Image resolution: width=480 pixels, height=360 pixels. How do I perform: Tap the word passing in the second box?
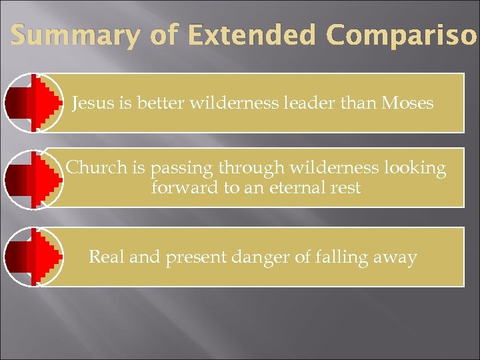pos(183,169)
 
